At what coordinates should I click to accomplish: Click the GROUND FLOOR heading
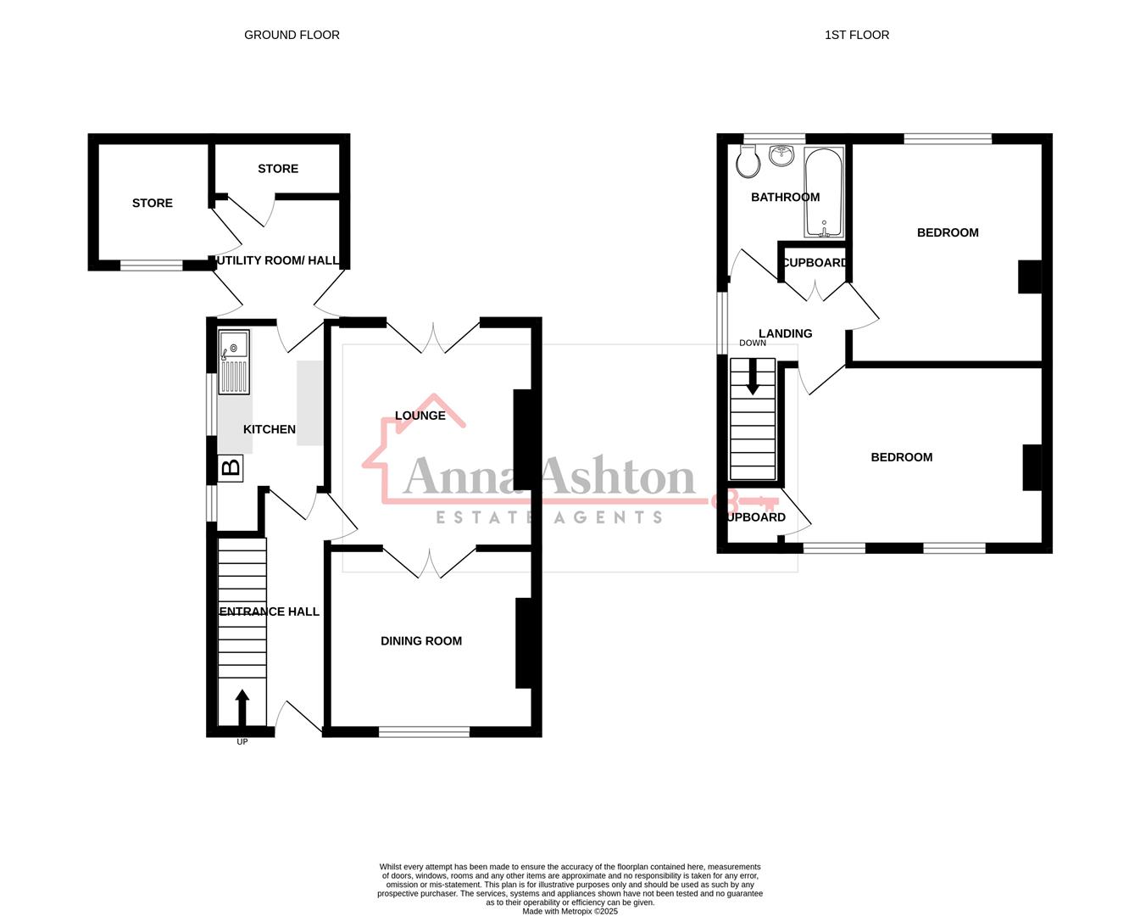click(x=292, y=35)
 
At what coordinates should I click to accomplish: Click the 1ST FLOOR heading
click(x=856, y=35)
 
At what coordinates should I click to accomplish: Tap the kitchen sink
click(x=234, y=362)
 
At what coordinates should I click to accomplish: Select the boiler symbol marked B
click(x=231, y=467)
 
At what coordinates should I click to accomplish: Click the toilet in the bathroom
click(x=748, y=161)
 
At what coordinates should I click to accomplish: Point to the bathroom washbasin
click(x=781, y=155)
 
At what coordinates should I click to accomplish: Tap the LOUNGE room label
click(x=420, y=416)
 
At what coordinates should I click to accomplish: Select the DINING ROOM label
click(x=421, y=641)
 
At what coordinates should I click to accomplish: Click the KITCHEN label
click(x=270, y=429)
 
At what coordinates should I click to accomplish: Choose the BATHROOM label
click(x=785, y=197)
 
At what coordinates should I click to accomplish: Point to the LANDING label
click(x=785, y=333)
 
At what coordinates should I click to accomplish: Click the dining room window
click(x=424, y=731)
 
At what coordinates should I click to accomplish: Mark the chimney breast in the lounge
click(x=523, y=439)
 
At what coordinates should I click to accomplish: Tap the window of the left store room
click(x=151, y=265)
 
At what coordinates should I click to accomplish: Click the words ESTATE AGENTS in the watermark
click(x=549, y=517)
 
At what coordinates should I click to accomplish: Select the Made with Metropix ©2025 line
click(x=570, y=912)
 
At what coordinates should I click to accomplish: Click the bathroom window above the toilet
click(x=774, y=138)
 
